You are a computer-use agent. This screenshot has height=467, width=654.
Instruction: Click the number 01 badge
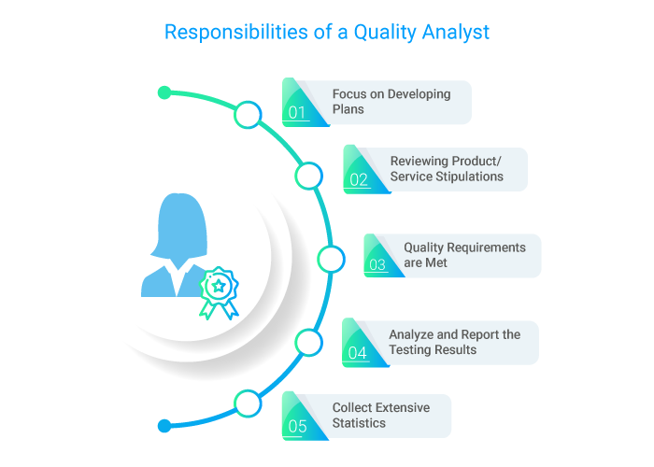pos(297,113)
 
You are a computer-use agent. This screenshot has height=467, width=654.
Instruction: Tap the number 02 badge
pos(359,179)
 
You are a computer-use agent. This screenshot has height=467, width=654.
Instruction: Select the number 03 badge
pos(377,264)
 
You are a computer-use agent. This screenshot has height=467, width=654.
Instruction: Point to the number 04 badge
pos(358,352)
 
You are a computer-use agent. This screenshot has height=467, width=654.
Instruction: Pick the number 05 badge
pos(297,427)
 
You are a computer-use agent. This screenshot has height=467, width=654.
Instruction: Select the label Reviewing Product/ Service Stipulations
pos(447,168)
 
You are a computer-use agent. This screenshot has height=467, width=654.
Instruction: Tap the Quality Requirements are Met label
pos(464,255)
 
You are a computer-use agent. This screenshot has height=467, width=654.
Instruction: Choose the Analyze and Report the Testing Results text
pos(454,342)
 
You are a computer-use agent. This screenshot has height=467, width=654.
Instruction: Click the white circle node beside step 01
pos(248,115)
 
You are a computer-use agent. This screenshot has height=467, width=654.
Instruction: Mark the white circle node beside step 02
pos(308,176)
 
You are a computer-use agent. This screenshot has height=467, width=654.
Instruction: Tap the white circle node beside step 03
pos(331,260)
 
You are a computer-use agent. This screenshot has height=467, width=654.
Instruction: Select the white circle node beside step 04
pos(308,343)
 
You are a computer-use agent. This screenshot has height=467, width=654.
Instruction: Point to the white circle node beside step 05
pos(247,403)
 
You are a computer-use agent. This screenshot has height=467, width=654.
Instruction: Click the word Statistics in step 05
pos(359,424)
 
